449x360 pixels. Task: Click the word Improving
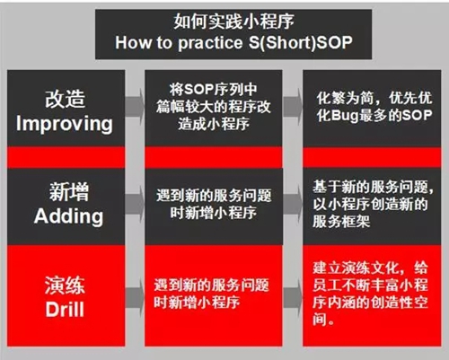pos(65,124)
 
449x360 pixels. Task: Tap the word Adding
pos(68,216)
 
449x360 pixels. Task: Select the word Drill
pos(65,309)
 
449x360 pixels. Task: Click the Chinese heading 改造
pos(66,99)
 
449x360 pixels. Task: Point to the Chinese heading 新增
pos(69,192)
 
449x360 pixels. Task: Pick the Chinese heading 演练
pos(65,285)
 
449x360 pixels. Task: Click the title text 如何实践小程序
pos(233,22)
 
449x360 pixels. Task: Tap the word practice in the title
pos(210,43)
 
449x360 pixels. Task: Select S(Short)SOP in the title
pos(301,42)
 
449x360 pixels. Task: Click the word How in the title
pos(134,42)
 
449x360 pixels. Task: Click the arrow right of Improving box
pos(135,107)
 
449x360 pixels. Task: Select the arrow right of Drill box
pos(135,298)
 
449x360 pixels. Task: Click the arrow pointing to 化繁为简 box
pos(293,107)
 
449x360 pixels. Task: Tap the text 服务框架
pos(341,222)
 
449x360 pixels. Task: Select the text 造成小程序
pos(214,124)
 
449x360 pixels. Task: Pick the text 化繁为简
pos(345,98)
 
